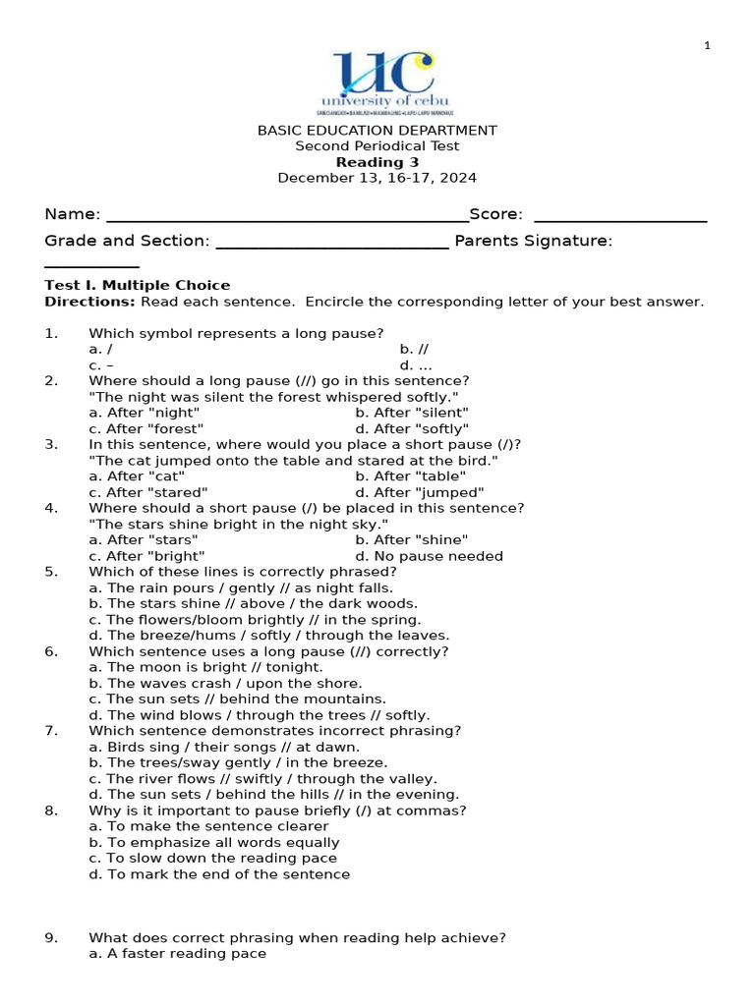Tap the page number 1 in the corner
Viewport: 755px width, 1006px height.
click(707, 45)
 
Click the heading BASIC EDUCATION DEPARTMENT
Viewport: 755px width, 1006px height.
click(377, 131)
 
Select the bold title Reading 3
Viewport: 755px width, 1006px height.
click(377, 162)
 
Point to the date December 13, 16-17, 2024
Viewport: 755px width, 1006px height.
click(377, 178)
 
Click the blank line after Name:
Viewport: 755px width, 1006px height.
click(287, 216)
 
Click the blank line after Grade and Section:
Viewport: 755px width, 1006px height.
click(331, 243)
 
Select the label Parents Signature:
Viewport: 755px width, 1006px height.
click(533, 241)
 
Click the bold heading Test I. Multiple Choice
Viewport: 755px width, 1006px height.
click(137, 285)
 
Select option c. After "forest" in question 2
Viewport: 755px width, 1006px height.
click(145, 428)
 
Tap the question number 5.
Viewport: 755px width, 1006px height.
click(51, 572)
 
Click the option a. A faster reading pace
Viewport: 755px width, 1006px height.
click(177, 953)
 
